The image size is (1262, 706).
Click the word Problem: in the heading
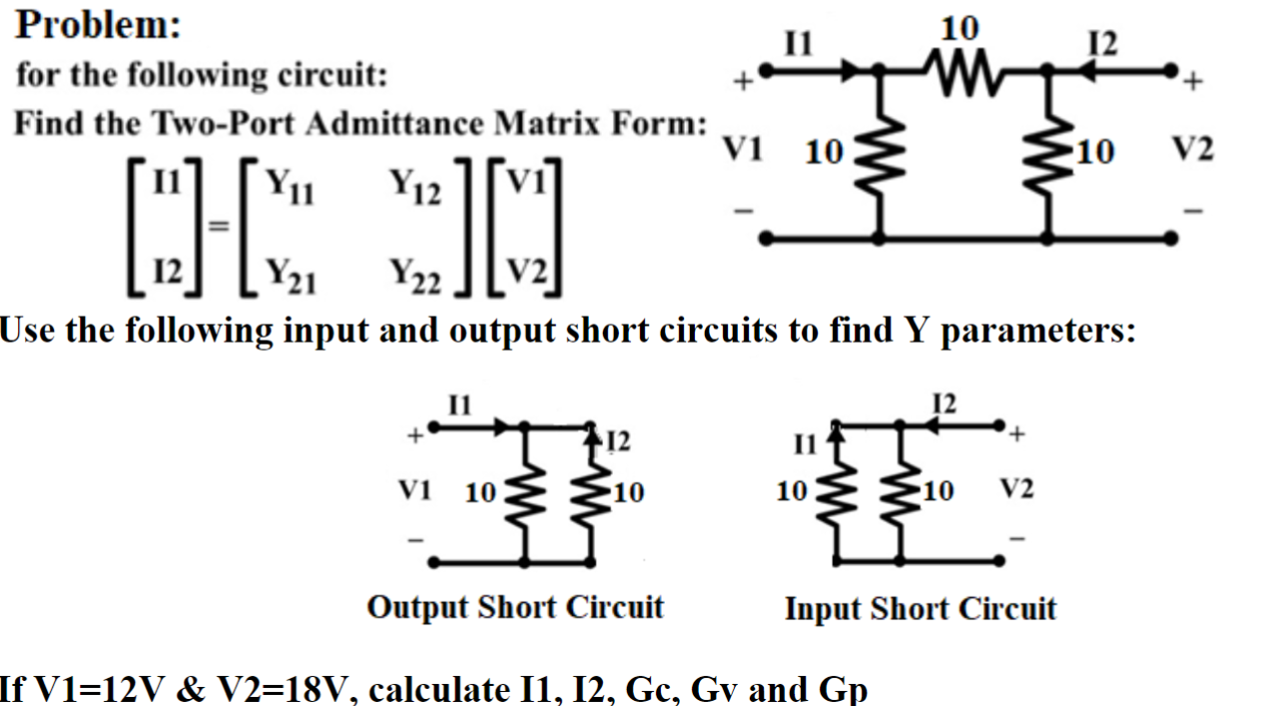[98, 24]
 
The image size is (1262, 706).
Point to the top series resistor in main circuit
[961, 70]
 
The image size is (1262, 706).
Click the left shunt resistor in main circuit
[878, 153]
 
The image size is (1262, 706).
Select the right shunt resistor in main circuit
[1047, 153]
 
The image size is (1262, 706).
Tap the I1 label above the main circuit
[799, 43]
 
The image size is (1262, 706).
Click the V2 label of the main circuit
[1192, 151]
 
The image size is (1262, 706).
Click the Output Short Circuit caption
[515, 607]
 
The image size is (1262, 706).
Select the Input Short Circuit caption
[920, 608]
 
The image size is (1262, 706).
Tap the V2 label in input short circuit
[1016, 489]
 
